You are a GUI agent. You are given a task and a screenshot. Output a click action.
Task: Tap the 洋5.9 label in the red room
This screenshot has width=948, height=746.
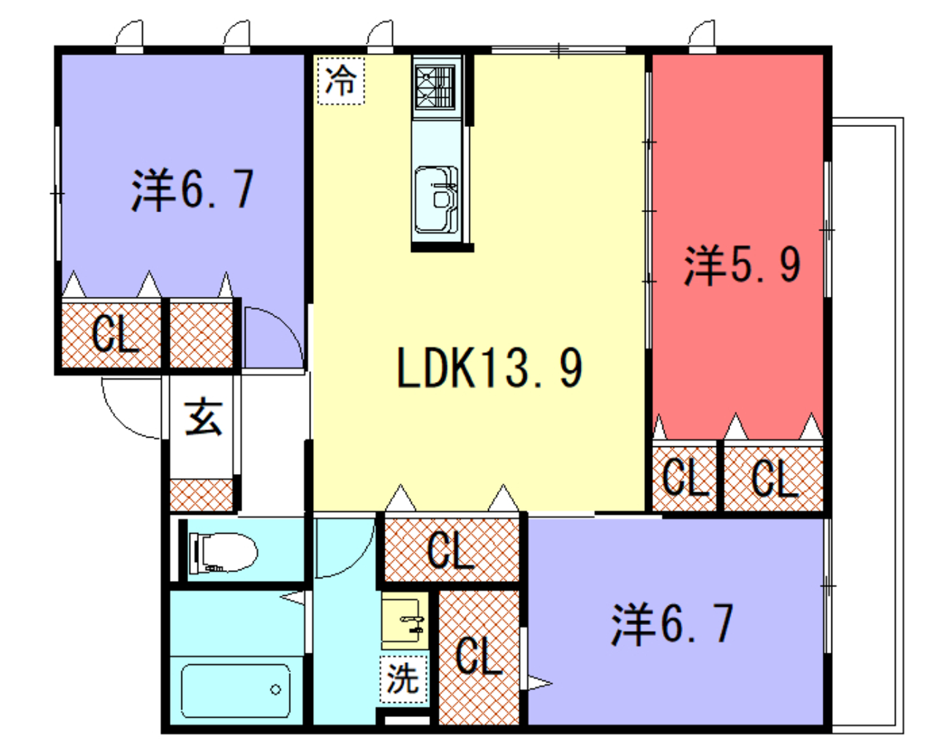point(741,266)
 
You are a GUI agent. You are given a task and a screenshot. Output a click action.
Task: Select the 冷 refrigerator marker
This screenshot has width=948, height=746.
point(341,81)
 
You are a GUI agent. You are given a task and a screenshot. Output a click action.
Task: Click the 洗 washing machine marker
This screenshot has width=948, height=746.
point(404,680)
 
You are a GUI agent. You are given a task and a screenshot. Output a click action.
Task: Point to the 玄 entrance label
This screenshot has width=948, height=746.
point(203,417)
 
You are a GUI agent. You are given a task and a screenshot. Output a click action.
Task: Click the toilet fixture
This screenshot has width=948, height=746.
point(222,551)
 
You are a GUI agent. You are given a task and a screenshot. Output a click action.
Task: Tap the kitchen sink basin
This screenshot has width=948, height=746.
point(435,199)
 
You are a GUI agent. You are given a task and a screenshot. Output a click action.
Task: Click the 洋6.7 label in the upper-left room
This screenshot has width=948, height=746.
point(191,190)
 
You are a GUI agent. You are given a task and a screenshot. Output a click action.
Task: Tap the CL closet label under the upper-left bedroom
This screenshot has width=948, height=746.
point(114,335)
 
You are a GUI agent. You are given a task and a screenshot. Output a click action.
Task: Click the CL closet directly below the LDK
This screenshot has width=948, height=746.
point(452,550)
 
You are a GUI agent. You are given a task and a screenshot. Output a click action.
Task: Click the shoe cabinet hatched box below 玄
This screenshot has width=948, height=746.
point(202,494)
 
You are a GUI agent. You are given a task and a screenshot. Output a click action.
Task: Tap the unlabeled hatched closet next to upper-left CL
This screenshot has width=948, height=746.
point(201,335)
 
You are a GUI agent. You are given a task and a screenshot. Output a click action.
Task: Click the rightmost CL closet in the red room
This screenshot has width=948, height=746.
point(774,478)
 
